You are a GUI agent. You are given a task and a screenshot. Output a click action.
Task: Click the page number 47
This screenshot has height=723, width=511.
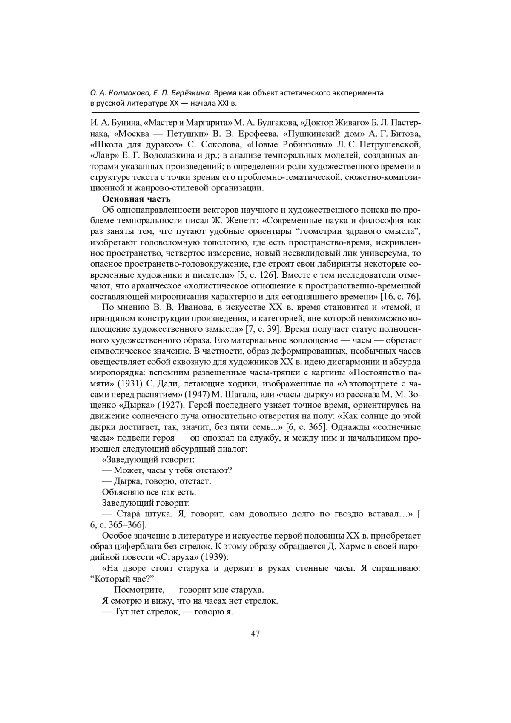(255, 633)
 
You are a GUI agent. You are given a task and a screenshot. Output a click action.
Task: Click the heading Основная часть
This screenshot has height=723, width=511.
(136, 199)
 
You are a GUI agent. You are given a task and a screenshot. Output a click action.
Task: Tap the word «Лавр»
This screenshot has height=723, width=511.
(102, 155)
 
